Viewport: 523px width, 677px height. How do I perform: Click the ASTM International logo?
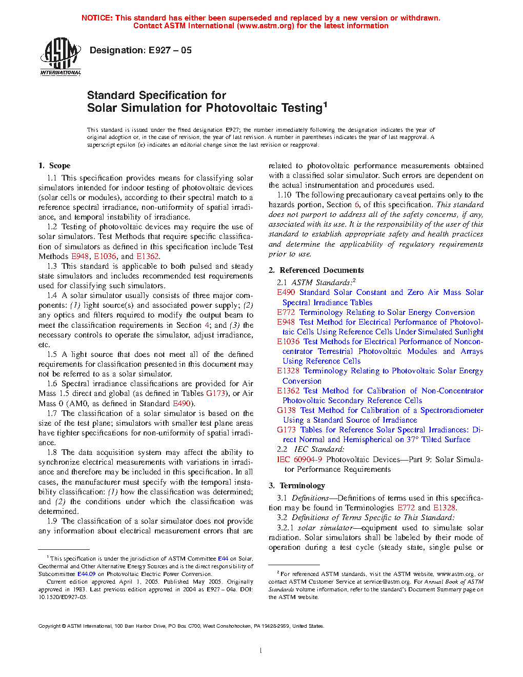pyautogui.click(x=61, y=56)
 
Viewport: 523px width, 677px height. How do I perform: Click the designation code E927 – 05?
pyautogui.click(x=170, y=50)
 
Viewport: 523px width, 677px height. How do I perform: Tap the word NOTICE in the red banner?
pyautogui.click(x=97, y=18)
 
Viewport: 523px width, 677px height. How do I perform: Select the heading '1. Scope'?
pyautogui.click(x=54, y=166)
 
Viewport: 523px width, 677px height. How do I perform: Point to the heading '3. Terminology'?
pyautogui.click(x=297, y=486)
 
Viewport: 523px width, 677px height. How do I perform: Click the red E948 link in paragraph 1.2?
pyautogui.click(x=80, y=256)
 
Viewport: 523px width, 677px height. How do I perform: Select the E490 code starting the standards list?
pyautogui.click(x=286, y=292)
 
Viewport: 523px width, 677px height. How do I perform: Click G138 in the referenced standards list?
pyautogui.click(x=286, y=410)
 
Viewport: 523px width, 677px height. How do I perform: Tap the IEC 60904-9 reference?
pyautogui.click(x=299, y=460)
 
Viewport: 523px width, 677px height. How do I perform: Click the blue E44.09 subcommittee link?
pyautogui.click(x=86, y=574)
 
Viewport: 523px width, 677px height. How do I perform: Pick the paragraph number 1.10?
pyautogui.click(x=284, y=195)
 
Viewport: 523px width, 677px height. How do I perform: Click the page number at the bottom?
pyautogui.click(x=261, y=651)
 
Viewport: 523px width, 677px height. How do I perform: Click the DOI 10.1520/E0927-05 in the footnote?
pyautogui.click(x=63, y=597)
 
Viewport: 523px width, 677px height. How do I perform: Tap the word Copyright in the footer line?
pyautogui.click(x=50, y=626)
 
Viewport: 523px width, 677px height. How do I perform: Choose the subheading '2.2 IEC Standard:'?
pyautogui.click(x=311, y=449)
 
